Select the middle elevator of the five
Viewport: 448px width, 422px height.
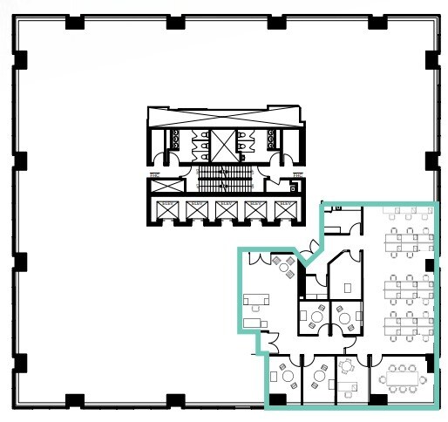click(x=225, y=210)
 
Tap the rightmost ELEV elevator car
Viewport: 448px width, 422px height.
click(x=283, y=210)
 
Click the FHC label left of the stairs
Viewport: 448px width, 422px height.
click(x=153, y=177)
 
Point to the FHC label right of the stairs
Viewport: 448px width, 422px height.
click(x=296, y=177)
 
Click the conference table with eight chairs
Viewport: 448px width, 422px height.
click(x=402, y=378)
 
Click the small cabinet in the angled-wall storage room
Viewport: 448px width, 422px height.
click(x=348, y=286)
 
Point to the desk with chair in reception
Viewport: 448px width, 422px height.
click(x=255, y=301)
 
